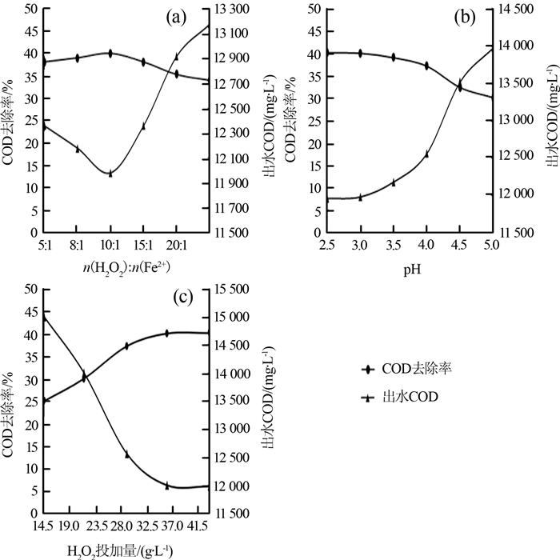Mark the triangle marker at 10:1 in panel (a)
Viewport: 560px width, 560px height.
click(110, 173)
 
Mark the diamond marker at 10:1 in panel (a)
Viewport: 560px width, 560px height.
click(110, 54)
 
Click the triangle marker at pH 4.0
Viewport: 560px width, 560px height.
click(426, 154)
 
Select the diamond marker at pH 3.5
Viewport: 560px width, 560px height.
click(394, 58)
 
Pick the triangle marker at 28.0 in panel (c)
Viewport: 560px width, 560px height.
click(126, 454)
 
